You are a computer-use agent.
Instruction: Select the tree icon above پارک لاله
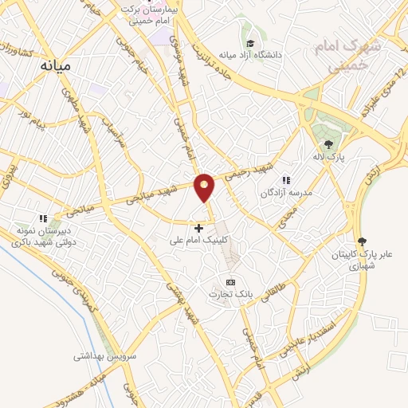[328, 143]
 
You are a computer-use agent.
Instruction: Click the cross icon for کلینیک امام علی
[199, 228]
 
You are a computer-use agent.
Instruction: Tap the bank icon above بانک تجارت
[231, 282]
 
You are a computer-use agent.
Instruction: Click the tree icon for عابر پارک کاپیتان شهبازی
[363, 241]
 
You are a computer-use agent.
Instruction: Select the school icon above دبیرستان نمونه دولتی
[44, 218]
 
